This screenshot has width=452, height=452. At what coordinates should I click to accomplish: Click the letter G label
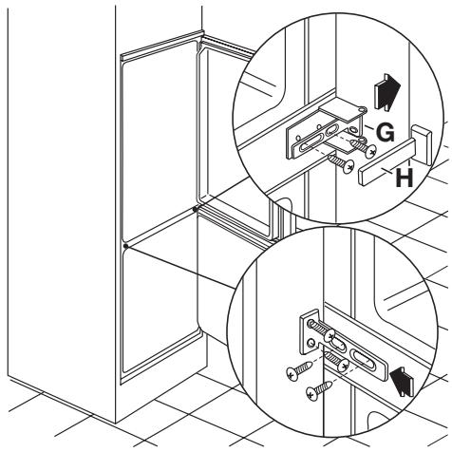pyautogui.click(x=386, y=132)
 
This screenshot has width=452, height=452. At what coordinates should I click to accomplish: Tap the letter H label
pyautogui.click(x=405, y=178)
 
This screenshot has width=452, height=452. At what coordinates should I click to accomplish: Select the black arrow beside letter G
pyautogui.click(x=386, y=92)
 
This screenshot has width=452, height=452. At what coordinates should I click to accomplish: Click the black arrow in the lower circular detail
pyautogui.click(x=402, y=381)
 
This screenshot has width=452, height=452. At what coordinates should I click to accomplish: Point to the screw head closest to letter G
pyautogui.click(x=369, y=151)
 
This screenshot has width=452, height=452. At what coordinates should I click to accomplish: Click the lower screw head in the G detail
pyautogui.click(x=348, y=166)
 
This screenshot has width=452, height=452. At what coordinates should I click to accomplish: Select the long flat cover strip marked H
pyautogui.click(x=386, y=161)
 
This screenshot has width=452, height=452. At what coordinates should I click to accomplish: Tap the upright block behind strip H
pyautogui.click(x=422, y=144)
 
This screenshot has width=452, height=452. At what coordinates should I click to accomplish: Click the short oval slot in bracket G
pyautogui.click(x=332, y=130)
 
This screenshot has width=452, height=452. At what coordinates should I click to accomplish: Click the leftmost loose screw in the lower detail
pyautogui.click(x=298, y=369)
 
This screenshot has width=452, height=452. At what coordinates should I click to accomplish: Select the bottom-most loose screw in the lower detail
pyautogui.click(x=319, y=390)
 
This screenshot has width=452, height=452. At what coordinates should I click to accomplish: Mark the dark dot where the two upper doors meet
pyautogui.click(x=195, y=209)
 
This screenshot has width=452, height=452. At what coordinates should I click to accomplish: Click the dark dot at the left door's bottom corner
pyautogui.click(x=125, y=246)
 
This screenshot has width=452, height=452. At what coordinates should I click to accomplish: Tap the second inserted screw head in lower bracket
pyautogui.click(x=344, y=366)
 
